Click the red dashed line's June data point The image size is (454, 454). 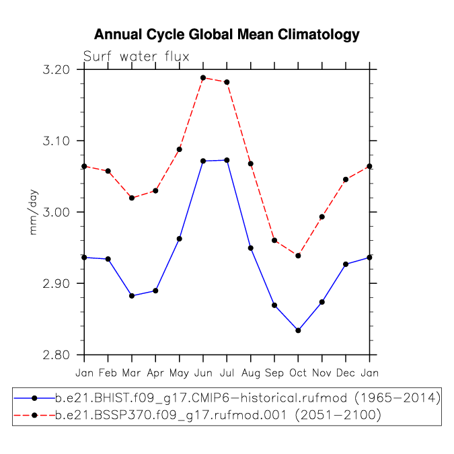pyautogui.click(x=203, y=77)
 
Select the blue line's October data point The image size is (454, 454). pyautogui.click(x=298, y=330)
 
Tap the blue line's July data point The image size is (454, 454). pyautogui.click(x=227, y=160)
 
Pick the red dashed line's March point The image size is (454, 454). pyautogui.click(x=132, y=198)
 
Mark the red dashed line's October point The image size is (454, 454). pyautogui.click(x=298, y=256)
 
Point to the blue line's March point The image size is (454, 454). pyautogui.click(x=132, y=296)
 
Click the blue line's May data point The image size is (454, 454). pyautogui.click(x=179, y=239)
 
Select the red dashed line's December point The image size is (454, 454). pyautogui.click(x=346, y=180)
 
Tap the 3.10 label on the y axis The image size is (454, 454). pyautogui.click(x=56, y=141)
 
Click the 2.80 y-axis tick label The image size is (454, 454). pyautogui.click(x=56, y=354)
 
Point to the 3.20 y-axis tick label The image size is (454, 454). pyautogui.click(x=56, y=70)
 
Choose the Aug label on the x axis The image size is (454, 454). pyautogui.click(x=251, y=373)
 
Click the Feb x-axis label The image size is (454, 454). pyautogui.click(x=108, y=373)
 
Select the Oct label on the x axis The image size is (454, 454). pyautogui.click(x=298, y=373)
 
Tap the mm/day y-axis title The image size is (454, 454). pyautogui.click(x=34, y=213)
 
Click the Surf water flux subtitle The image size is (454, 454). pyautogui.click(x=136, y=56)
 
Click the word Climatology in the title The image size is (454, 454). pyautogui.click(x=319, y=35)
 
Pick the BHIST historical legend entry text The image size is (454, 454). pyautogui.click(x=248, y=398)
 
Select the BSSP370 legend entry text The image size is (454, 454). pyautogui.click(x=218, y=415)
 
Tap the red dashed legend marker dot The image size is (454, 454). pyautogui.click(x=34, y=416)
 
